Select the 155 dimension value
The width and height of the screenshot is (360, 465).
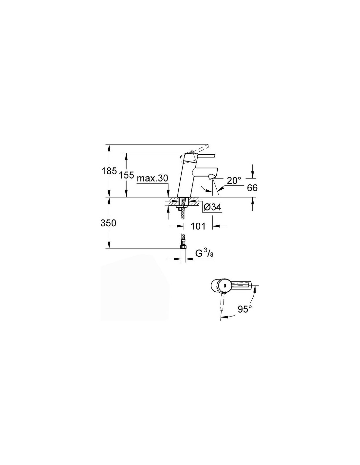pos(126,175)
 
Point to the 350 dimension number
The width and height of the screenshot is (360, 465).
pos(108,223)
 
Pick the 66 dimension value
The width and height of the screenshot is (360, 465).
pos(252,188)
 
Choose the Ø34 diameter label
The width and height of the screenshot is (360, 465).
pos(212,207)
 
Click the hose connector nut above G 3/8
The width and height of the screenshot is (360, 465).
pos(183,247)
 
